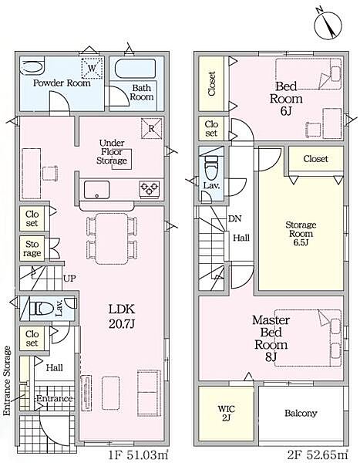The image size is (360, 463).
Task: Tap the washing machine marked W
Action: [92, 68]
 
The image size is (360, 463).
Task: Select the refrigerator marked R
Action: [152, 128]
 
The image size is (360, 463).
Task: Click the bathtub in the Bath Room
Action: [135, 69]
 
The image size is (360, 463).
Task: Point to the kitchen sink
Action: [96, 190]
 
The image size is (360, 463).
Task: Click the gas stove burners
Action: [150, 189]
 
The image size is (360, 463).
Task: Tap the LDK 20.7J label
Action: [122, 317]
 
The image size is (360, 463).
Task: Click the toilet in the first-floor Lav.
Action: [42, 309]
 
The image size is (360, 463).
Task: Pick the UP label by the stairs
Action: [69, 278]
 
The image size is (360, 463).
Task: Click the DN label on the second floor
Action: [235, 219]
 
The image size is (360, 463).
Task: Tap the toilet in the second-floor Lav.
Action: [211, 167]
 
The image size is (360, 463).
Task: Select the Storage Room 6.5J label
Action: [301, 234]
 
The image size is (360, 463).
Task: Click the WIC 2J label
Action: [227, 414]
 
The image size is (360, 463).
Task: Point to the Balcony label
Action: [301, 413]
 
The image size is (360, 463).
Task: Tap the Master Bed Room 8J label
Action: [271, 339]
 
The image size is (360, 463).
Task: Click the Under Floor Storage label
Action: [112, 152]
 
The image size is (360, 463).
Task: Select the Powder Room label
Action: [62, 83]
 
